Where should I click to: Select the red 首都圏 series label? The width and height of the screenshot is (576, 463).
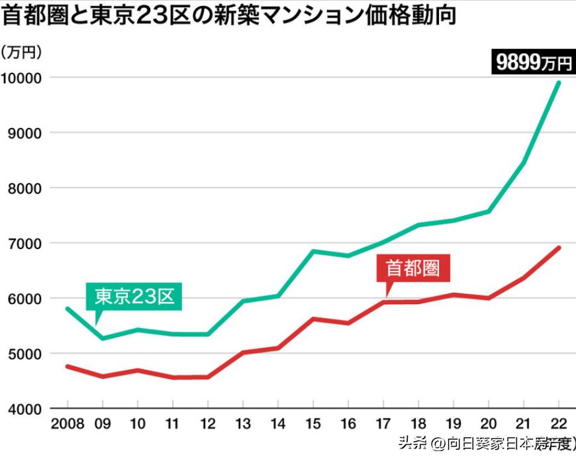(412, 268)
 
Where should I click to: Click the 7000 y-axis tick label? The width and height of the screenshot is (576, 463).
(25, 243)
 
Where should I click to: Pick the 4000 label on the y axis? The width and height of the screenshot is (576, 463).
(25, 409)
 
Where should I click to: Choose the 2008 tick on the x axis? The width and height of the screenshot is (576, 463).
(67, 423)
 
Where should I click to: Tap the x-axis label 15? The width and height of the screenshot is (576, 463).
(312, 423)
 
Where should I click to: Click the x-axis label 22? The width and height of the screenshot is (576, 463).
(559, 423)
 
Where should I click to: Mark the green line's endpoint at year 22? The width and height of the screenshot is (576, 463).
(559, 83)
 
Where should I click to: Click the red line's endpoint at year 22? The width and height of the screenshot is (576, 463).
(559, 248)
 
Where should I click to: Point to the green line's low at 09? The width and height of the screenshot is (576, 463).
(102, 338)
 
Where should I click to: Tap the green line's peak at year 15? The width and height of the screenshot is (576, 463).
(312, 251)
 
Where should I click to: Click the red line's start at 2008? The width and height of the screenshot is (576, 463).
(68, 366)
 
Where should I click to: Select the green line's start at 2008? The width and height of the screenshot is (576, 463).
(68, 309)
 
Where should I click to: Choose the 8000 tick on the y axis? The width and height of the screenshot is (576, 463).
(25, 188)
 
